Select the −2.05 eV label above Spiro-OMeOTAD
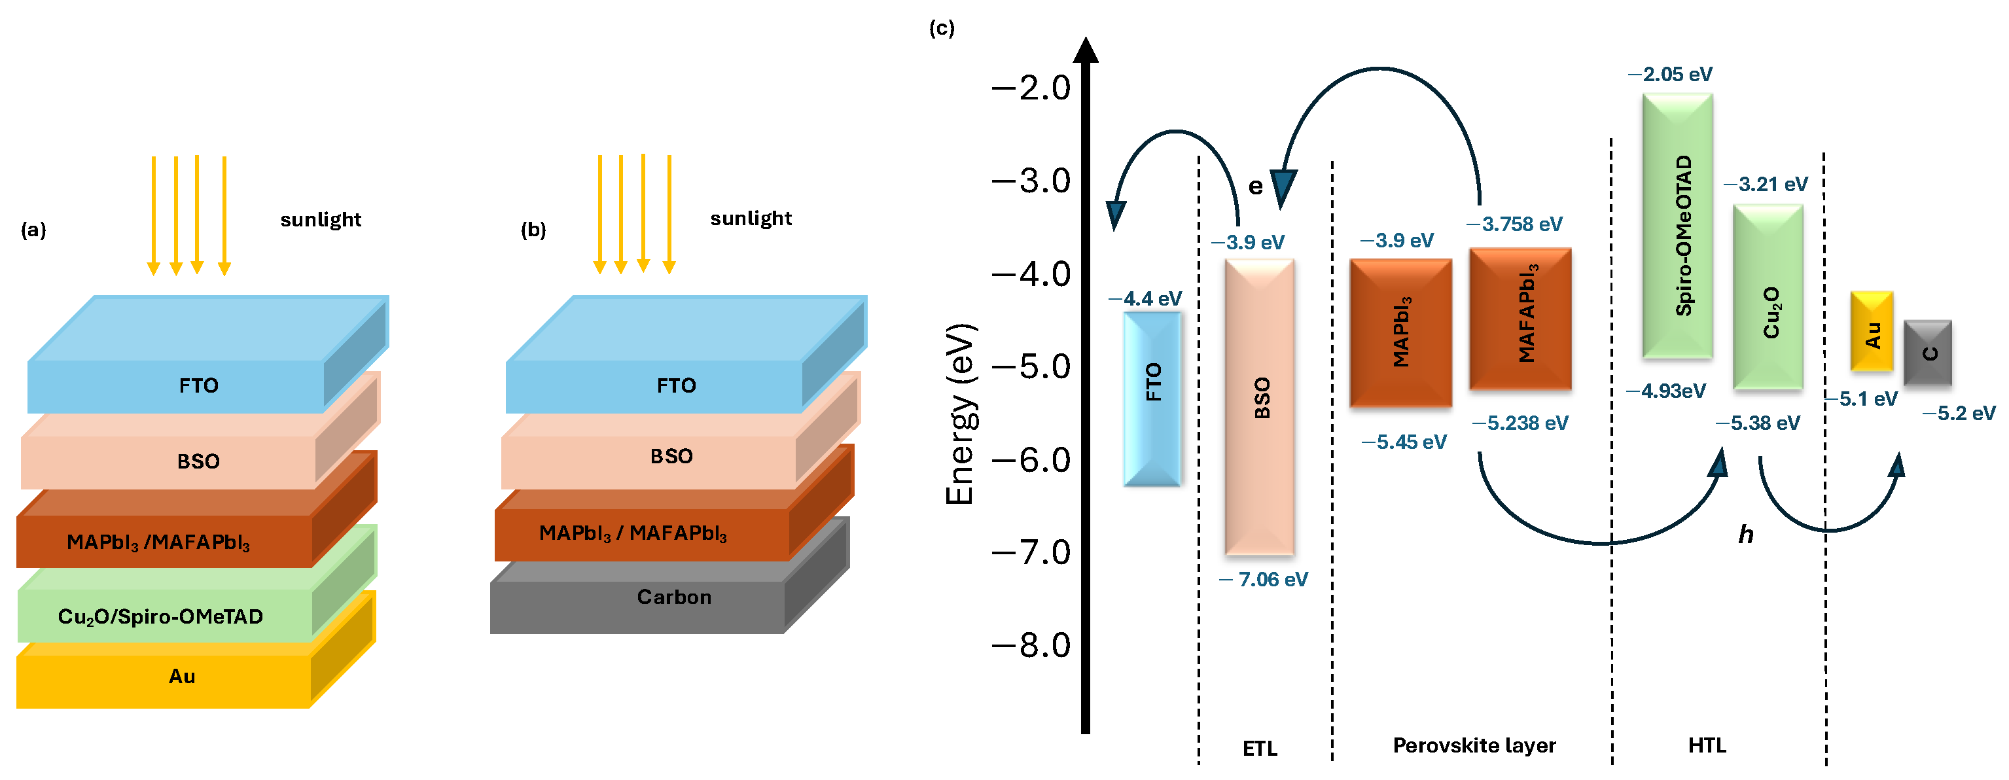click(1670, 74)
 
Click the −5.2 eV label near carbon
click(1959, 414)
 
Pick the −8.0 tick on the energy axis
click(1031, 646)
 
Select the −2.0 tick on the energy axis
click(1031, 88)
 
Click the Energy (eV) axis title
click(960, 414)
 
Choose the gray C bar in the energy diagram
click(1927, 353)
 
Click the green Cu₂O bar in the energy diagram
click(1768, 296)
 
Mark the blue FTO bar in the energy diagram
click(1152, 398)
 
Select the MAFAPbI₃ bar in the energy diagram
click(1520, 318)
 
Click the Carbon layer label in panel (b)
click(674, 597)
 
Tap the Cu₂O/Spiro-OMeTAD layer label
click(161, 617)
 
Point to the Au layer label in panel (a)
click(182, 676)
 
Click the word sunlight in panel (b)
click(750, 219)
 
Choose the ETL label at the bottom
click(1260, 749)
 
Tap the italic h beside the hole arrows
click(1745, 535)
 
